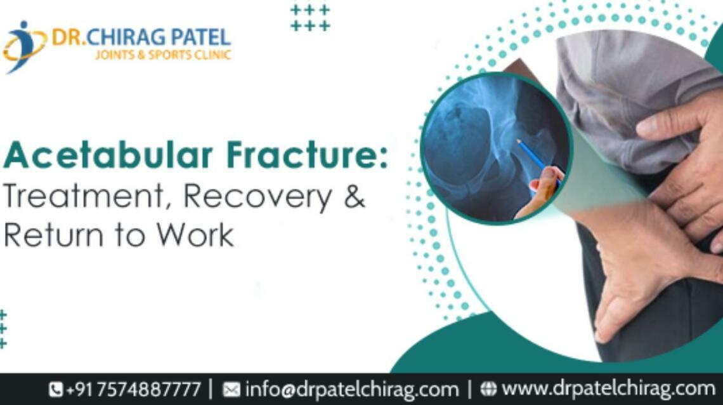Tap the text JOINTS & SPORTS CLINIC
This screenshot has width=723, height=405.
pyautogui.click(x=163, y=55)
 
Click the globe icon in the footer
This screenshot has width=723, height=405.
pyautogui.click(x=488, y=388)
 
